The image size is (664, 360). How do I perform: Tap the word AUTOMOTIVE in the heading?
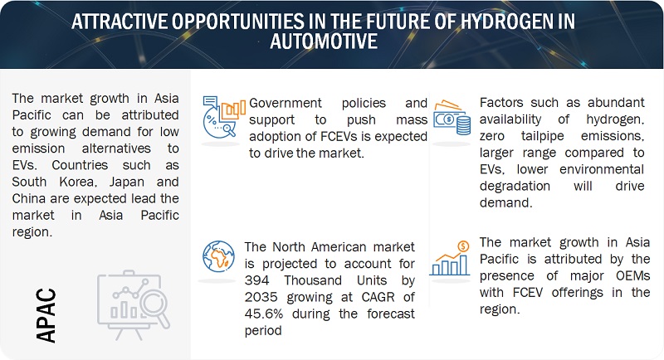(324, 41)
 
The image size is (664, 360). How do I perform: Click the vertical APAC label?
(46, 315)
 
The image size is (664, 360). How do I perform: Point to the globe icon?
(218, 256)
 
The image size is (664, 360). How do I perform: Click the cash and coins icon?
(452, 118)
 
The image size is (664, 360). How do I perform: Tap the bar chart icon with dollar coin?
(450, 259)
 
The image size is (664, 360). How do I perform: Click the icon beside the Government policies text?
(223, 117)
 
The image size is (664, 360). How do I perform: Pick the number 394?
(256, 280)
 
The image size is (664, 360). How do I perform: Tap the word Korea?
(78, 182)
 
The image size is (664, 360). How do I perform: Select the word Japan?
(127, 182)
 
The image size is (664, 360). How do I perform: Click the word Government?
(286, 103)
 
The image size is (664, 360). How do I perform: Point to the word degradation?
(515, 186)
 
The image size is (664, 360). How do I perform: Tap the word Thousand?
(313, 280)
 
